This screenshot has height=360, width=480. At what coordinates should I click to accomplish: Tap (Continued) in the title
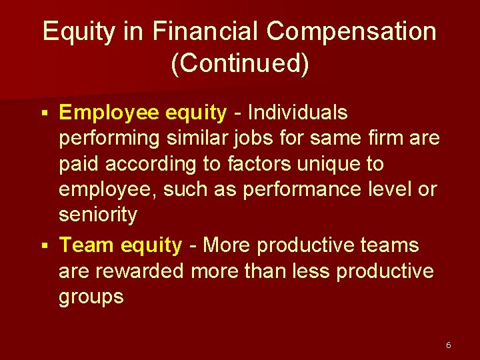pyautogui.click(x=240, y=64)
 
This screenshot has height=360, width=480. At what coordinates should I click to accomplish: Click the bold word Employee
pyautogui.click(x=107, y=113)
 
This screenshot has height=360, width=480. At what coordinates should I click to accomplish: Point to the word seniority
pyautogui.click(x=98, y=215)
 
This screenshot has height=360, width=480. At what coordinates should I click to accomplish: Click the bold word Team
pyautogui.click(x=87, y=245)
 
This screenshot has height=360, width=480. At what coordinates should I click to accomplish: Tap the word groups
pyautogui.click(x=91, y=296)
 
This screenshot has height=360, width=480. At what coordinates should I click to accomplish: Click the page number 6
pyautogui.click(x=448, y=345)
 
